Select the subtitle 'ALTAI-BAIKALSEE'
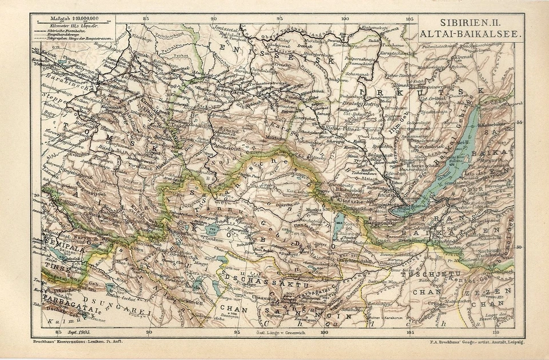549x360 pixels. click(x=471, y=34)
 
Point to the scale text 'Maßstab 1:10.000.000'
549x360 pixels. click(x=75, y=19)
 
